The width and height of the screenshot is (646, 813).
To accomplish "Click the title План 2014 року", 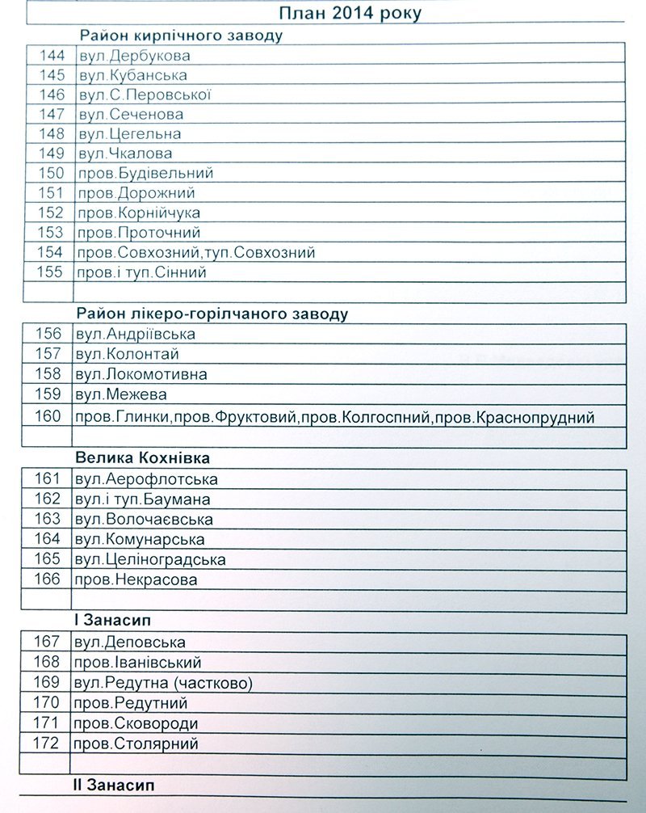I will coord(350,14).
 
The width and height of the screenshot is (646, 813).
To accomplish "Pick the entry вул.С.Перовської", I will coord(145,95).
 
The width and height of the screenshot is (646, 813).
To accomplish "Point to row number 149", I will coord(51,153).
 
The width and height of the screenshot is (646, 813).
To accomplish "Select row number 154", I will coord(51,252).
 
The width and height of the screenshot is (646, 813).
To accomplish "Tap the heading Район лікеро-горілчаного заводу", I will coord(213,314).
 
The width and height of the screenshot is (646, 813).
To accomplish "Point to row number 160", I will coord(49,416).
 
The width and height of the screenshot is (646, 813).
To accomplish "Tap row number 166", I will coord(48,579).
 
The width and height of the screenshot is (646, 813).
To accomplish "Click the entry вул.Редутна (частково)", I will coord(162,683).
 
